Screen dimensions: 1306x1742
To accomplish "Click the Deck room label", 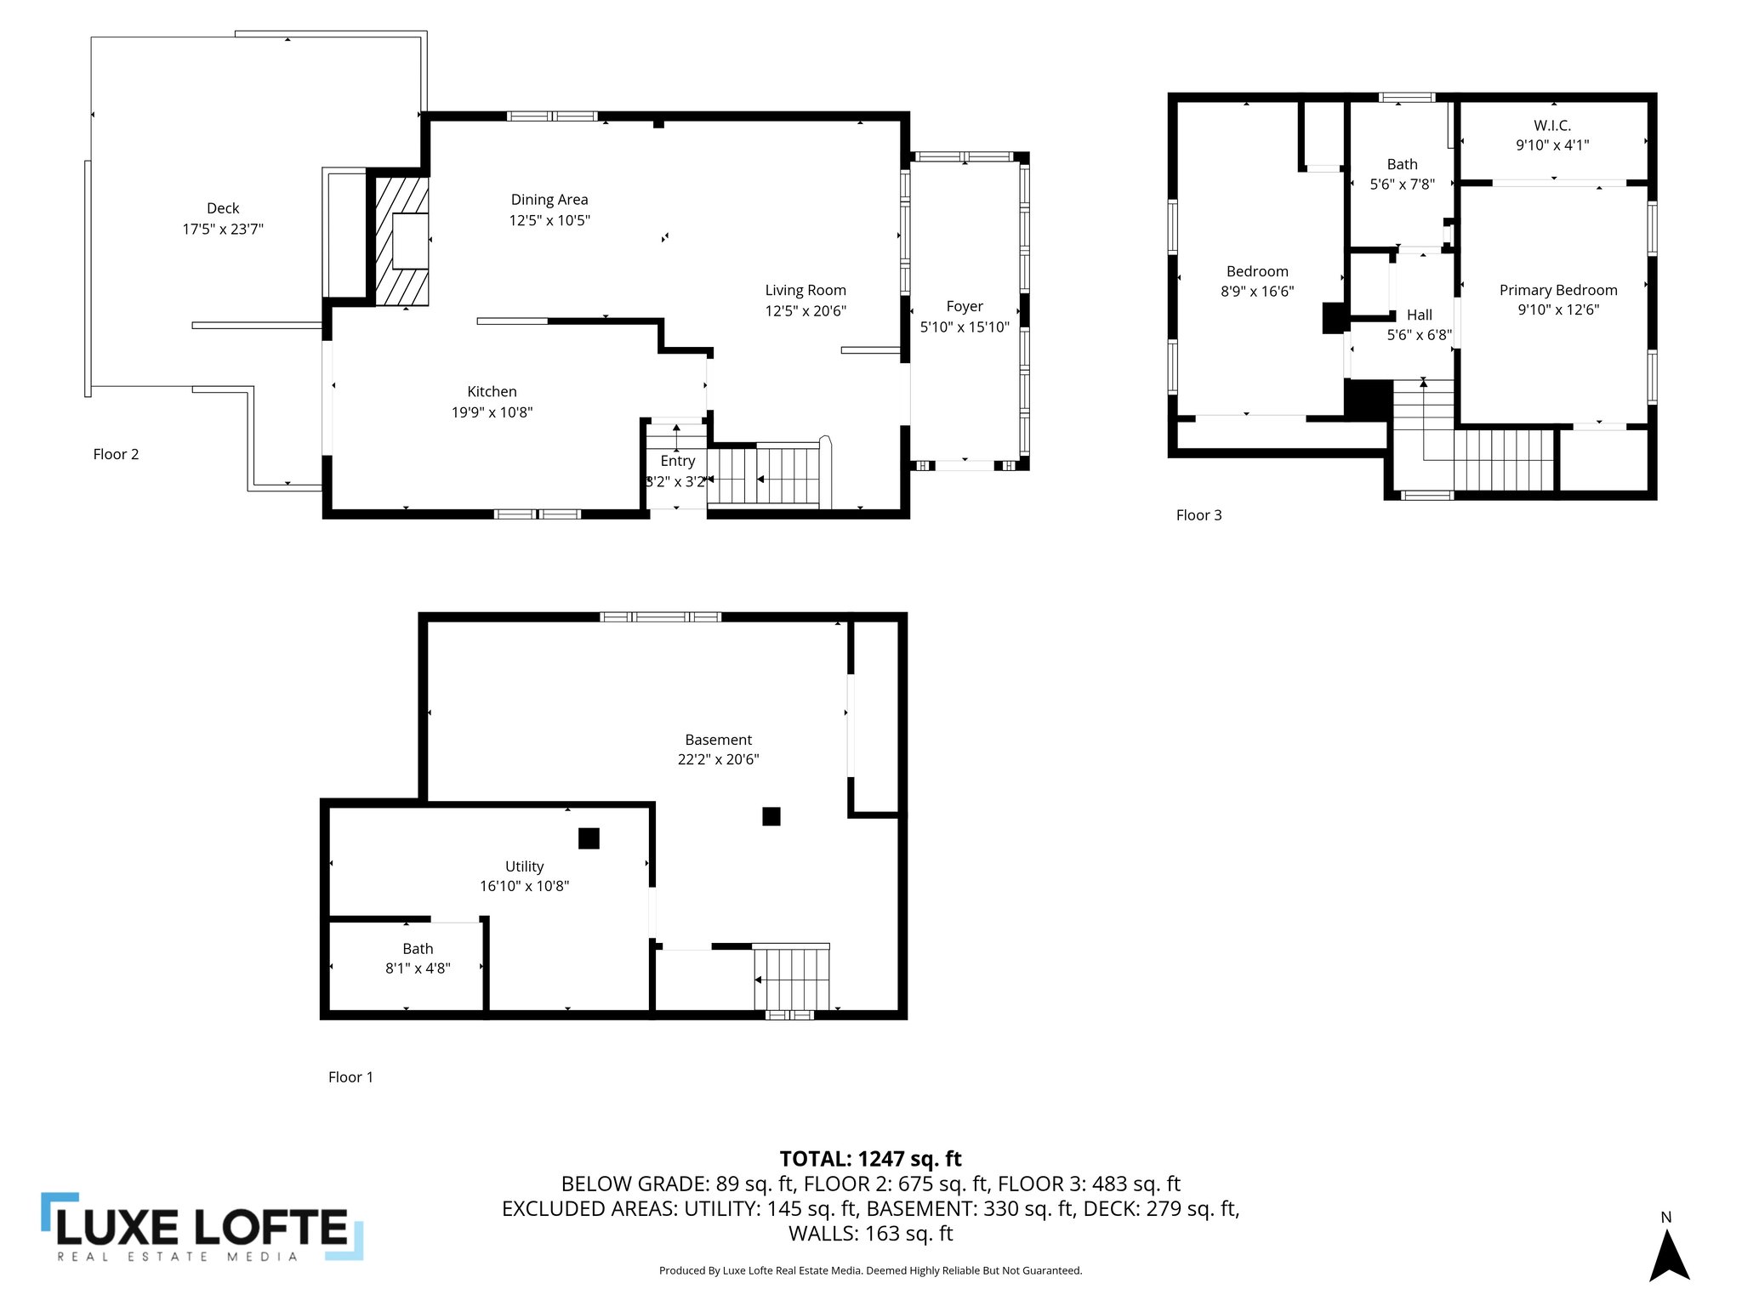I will [x=223, y=208].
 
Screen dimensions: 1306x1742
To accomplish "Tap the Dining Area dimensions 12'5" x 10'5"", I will [x=549, y=220].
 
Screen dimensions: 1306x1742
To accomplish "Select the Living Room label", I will [x=806, y=291].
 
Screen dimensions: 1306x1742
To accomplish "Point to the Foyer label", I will [x=964, y=306].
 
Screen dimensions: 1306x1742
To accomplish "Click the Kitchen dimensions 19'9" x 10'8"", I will [x=492, y=412].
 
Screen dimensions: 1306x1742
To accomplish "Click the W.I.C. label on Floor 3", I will [x=1552, y=126].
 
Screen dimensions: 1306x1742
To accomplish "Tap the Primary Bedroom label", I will [x=1558, y=290].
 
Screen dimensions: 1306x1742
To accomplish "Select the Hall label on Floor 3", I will [x=1419, y=315].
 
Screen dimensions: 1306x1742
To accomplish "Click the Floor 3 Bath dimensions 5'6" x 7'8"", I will [x=1402, y=184].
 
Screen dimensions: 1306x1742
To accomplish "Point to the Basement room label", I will [x=719, y=740].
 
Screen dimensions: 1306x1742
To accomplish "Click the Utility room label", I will [x=524, y=866].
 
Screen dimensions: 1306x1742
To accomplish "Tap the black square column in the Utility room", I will [x=589, y=838].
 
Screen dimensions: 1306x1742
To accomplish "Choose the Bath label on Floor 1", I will [x=418, y=949].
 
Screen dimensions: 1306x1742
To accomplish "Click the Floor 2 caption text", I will [x=116, y=454].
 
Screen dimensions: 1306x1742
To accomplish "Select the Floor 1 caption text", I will [x=350, y=1077].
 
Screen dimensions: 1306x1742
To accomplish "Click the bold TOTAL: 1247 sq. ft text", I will [x=870, y=1159].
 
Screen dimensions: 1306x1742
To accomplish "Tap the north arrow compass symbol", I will [x=1669, y=1257].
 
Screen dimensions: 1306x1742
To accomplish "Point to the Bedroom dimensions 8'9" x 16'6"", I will [x=1257, y=291].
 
